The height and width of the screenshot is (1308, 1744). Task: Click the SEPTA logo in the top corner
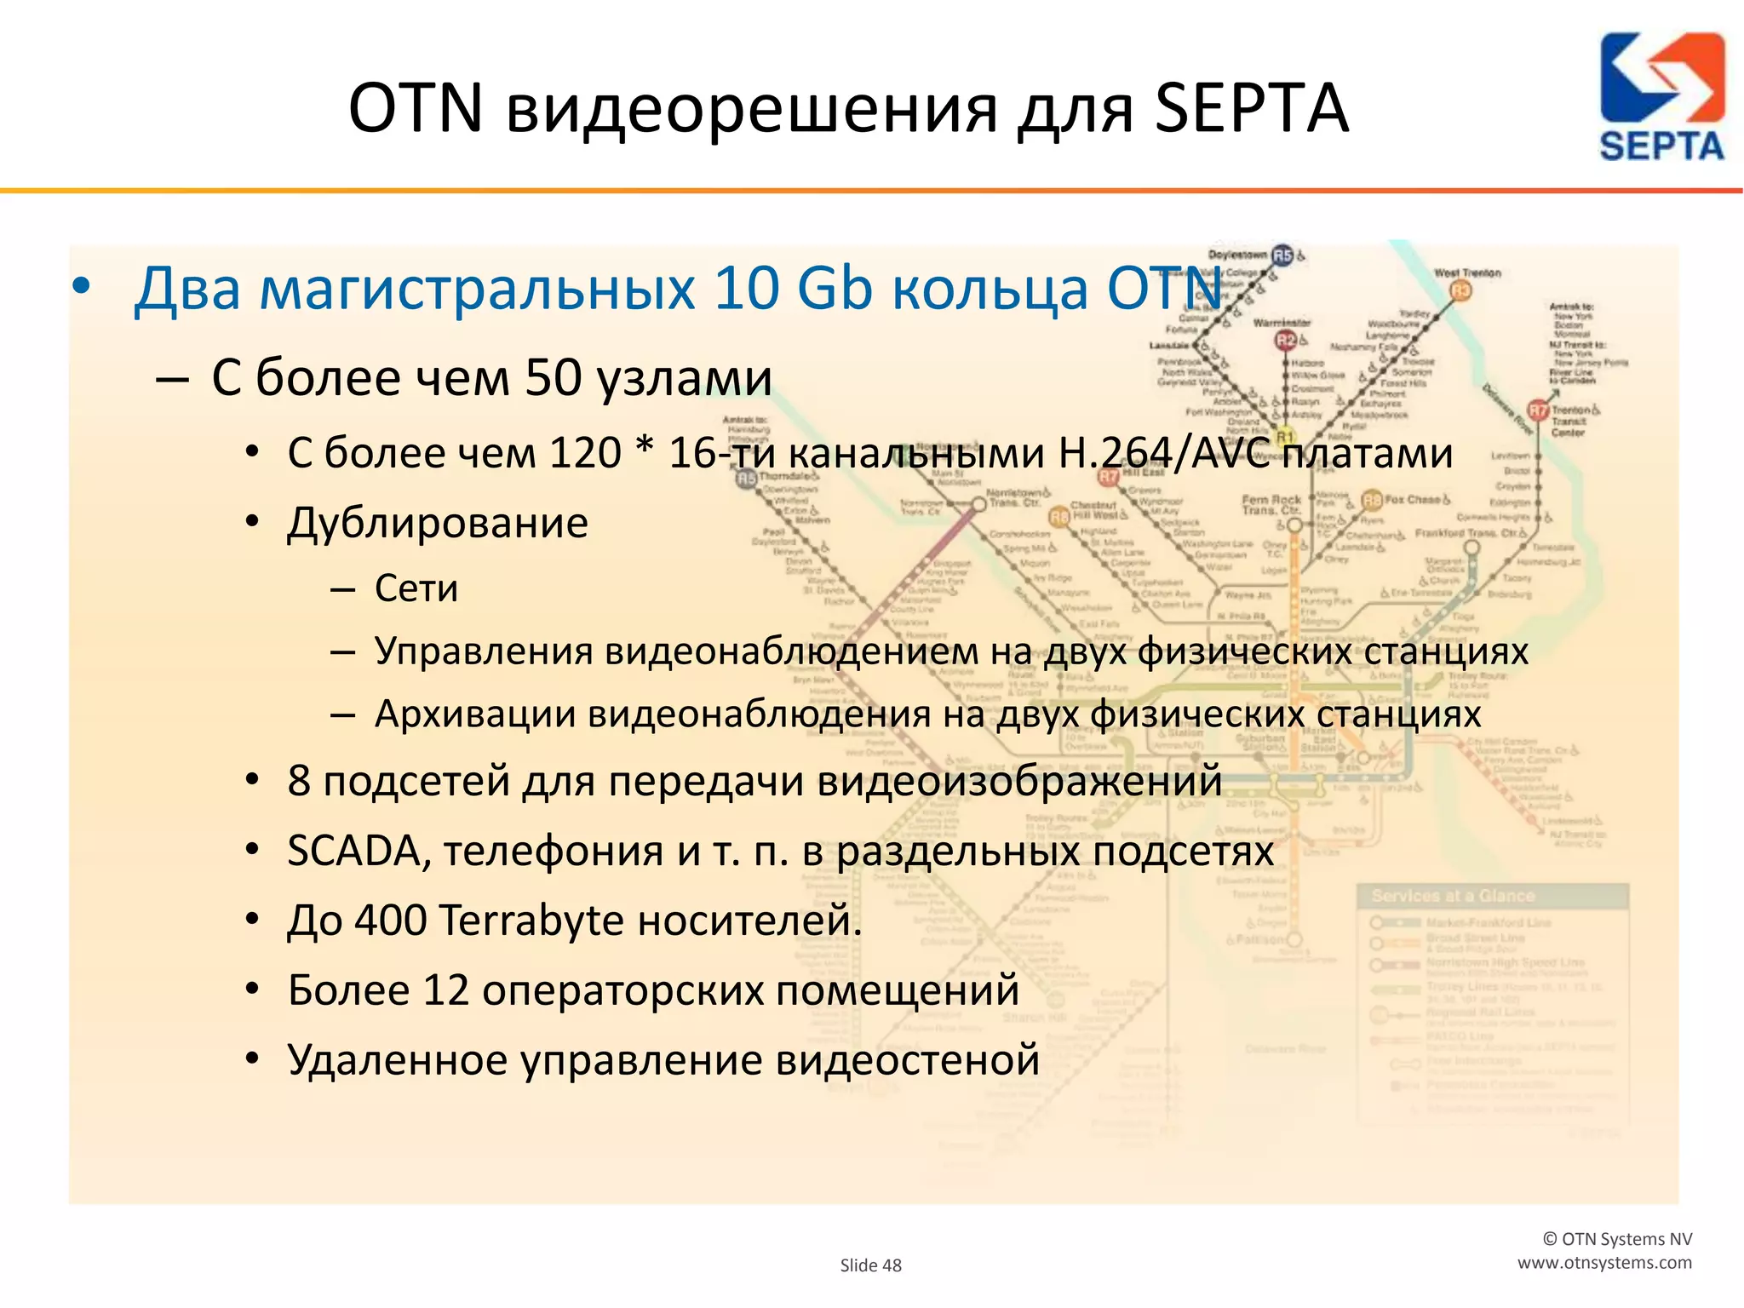click(x=1661, y=96)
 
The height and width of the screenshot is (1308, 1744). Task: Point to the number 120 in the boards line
click(x=584, y=453)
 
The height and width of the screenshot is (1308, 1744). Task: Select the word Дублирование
click(x=438, y=523)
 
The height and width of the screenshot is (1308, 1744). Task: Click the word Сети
click(x=416, y=588)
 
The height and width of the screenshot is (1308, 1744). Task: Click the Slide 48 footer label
click(x=870, y=1265)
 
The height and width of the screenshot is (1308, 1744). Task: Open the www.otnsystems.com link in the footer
click(x=1604, y=1263)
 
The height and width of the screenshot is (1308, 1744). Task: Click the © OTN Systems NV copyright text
click(x=1617, y=1239)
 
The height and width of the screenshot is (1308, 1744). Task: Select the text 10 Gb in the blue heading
click(x=794, y=289)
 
